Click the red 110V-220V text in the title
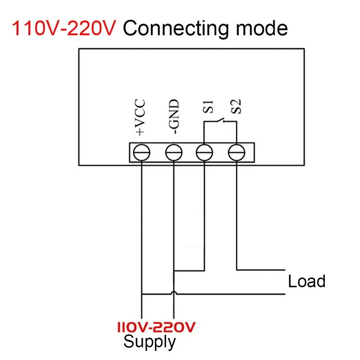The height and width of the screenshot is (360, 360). click(63, 28)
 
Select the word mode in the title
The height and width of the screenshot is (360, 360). click(262, 28)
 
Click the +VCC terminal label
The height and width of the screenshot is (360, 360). click(140, 117)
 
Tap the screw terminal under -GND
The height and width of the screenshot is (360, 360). click(173, 153)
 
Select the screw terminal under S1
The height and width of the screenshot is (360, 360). click(205, 153)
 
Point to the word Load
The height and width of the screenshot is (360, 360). click(306, 282)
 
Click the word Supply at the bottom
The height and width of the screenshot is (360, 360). click(149, 342)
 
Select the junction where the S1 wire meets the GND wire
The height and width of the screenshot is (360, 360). click(174, 271)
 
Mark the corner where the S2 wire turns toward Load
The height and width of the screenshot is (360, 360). click(236, 270)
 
